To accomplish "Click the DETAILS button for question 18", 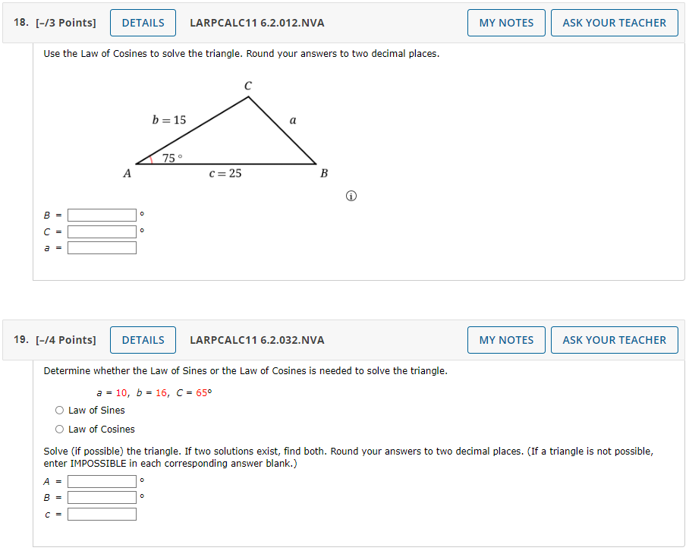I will point(143,23).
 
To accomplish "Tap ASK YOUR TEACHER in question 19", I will point(614,340).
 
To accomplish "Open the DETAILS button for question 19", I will point(143,340).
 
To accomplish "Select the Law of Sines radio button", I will point(60,411).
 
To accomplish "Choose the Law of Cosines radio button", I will point(60,430).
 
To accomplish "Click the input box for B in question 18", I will point(102,216).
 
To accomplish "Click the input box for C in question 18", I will point(102,231).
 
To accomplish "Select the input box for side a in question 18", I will point(102,248).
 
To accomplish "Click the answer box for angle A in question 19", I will point(102,481).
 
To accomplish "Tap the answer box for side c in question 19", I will point(102,514).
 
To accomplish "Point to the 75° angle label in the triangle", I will point(172,158).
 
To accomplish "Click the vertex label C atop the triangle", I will point(248,87).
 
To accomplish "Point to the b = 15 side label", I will point(168,120).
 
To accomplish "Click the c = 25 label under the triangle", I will point(225,174).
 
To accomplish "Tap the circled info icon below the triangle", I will point(351,197).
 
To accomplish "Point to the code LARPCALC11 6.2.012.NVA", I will point(256,23).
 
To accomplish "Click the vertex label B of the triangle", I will point(324,174).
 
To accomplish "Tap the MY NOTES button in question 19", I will point(506,340).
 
